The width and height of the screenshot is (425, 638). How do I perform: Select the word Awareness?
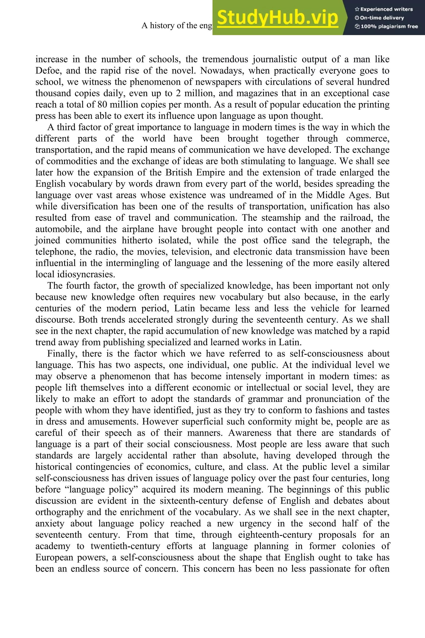250,433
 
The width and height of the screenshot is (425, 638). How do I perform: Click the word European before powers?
54,557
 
